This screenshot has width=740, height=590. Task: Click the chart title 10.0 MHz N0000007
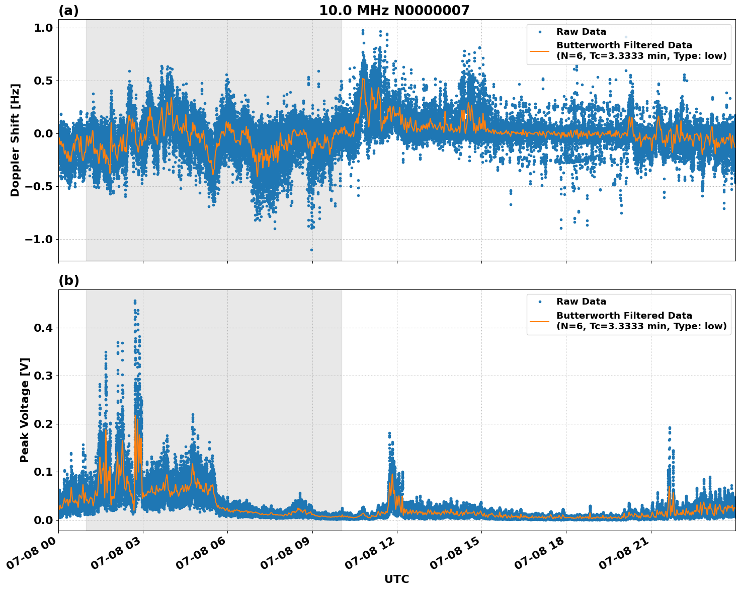(x=394, y=11)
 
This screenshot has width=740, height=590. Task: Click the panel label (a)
(x=68, y=11)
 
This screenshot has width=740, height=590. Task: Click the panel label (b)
(x=68, y=280)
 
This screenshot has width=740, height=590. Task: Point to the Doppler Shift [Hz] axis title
(x=15, y=140)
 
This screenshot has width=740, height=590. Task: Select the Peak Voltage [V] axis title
(x=25, y=410)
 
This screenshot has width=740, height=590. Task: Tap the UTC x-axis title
(x=396, y=579)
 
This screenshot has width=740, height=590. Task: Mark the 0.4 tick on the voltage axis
(x=44, y=328)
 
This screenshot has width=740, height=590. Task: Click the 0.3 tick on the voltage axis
(x=44, y=376)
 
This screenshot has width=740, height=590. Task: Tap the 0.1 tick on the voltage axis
(x=44, y=472)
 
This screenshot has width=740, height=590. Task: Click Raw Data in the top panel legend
(x=581, y=32)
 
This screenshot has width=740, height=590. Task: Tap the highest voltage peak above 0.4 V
(x=135, y=302)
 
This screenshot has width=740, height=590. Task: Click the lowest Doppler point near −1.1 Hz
(x=311, y=250)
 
